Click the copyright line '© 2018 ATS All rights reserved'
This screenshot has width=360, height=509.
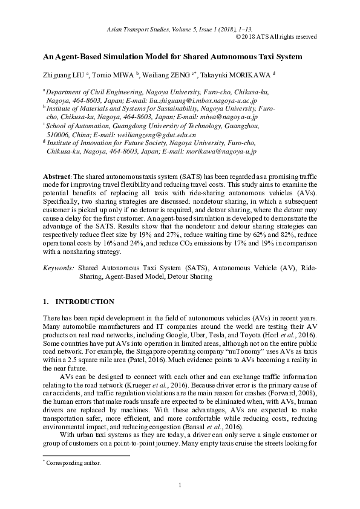[x=275, y=36]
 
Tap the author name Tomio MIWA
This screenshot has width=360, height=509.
[x=113, y=75]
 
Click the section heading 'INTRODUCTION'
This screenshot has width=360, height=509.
[x=85, y=302]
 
